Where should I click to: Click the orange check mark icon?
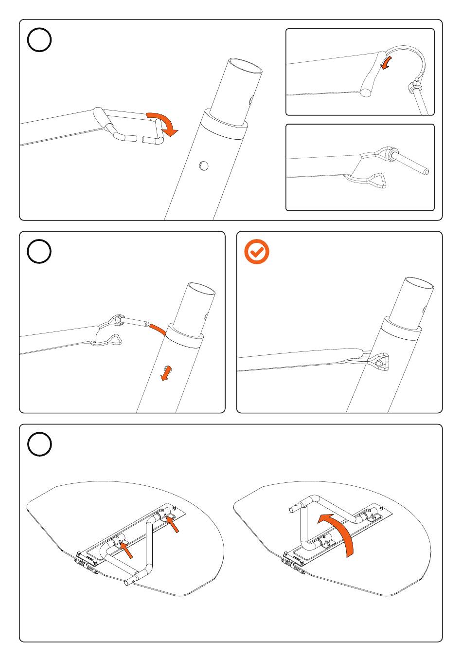click(x=257, y=252)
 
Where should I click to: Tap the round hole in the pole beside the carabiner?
click(x=204, y=166)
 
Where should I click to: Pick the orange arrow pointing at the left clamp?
click(x=127, y=551)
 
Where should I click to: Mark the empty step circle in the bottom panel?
click(x=39, y=444)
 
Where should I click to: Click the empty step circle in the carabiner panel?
click(x=39, y=40)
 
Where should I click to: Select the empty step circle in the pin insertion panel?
click(x=39, y=252)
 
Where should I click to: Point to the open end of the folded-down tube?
click(x=127, y=582)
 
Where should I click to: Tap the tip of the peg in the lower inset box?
click(x=426, y=171)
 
